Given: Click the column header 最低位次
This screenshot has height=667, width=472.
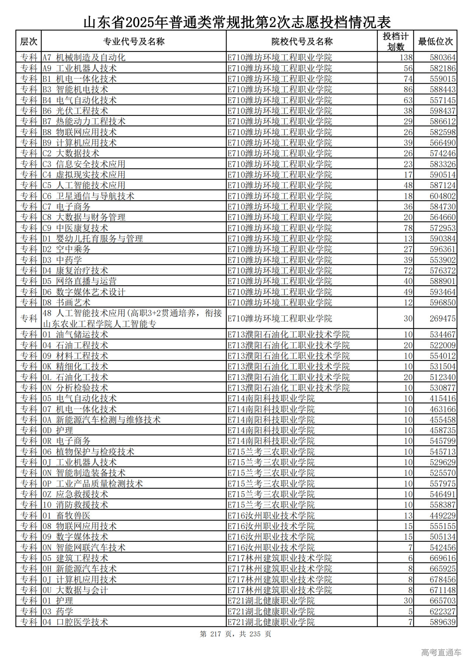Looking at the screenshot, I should [x=435, y=41].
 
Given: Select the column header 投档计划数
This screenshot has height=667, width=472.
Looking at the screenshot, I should [x=395, y=41].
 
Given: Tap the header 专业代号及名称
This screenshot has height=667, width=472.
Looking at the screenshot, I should [x=133, y=41].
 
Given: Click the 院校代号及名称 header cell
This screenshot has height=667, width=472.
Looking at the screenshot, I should [x=302, y=41].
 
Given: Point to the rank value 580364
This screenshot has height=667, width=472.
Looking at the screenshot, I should [x=442, y=57].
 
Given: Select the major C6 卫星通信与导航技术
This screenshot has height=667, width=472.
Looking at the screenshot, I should [x=88, y=196].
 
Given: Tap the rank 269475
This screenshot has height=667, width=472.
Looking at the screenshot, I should [x=442, y=318].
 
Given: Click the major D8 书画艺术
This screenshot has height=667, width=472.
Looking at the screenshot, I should [x=66, y=303].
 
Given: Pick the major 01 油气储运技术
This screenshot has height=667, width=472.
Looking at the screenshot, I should [x=75, y=335].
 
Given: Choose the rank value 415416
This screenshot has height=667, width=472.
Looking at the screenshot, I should [x=442, y=398].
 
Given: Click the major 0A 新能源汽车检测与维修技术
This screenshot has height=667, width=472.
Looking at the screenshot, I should [x=101, y=420].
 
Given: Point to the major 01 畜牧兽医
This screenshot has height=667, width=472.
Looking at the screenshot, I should [x=66, y=516].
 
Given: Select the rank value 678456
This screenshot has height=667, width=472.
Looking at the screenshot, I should [x=442, y=579].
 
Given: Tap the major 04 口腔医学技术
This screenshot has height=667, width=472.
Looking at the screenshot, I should [x=75, y=622].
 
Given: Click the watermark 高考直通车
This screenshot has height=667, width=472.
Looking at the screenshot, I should [x=441, y=652].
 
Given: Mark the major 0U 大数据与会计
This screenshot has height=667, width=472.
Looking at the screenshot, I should [x=75, y=590].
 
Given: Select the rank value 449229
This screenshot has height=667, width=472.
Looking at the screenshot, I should [x=442, y=516].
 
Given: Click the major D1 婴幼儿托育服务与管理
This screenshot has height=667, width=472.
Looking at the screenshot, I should [x=93, y=239].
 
